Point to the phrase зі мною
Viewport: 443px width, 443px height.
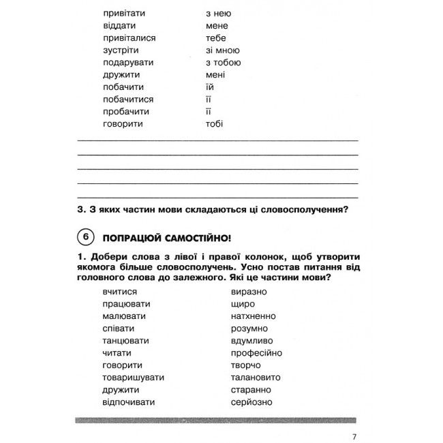222,50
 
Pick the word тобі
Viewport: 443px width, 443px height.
214,123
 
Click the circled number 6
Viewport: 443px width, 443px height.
85,238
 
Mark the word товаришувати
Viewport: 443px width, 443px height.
131,378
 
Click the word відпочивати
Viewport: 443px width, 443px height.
128,402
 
